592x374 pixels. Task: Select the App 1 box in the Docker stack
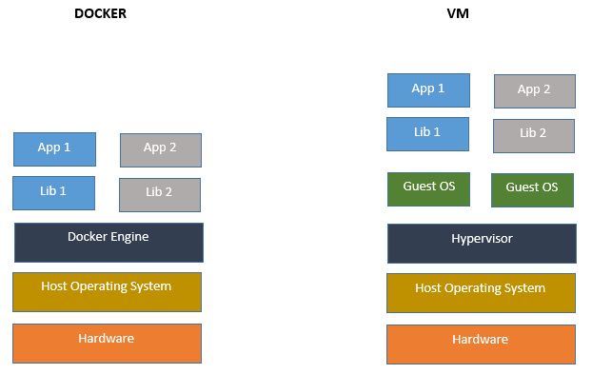coord(54,148)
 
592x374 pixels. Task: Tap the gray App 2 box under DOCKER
coord(160,149)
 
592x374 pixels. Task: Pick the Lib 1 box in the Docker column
coord(53,192)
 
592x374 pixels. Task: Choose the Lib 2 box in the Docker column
coord(159,194)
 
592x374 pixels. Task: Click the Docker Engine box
coord(108,243)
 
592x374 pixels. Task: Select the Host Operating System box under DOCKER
coord(107,292)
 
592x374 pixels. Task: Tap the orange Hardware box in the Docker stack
coord(107,343)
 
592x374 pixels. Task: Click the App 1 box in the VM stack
coord(427,89)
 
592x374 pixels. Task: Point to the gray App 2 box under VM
coord(534,91)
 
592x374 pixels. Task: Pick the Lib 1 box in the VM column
coord(427,133)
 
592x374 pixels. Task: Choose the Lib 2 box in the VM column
coord(533,135)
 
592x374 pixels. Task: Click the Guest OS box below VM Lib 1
coord(427,188)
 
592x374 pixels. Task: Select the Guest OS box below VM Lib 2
coord(532,189)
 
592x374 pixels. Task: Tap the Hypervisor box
coord(481,244)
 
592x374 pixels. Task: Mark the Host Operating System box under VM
coord(481,293)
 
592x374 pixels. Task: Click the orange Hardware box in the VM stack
coord(481,344)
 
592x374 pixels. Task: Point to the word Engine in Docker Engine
coord(130,237)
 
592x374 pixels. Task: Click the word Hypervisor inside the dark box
coord(481,238)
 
